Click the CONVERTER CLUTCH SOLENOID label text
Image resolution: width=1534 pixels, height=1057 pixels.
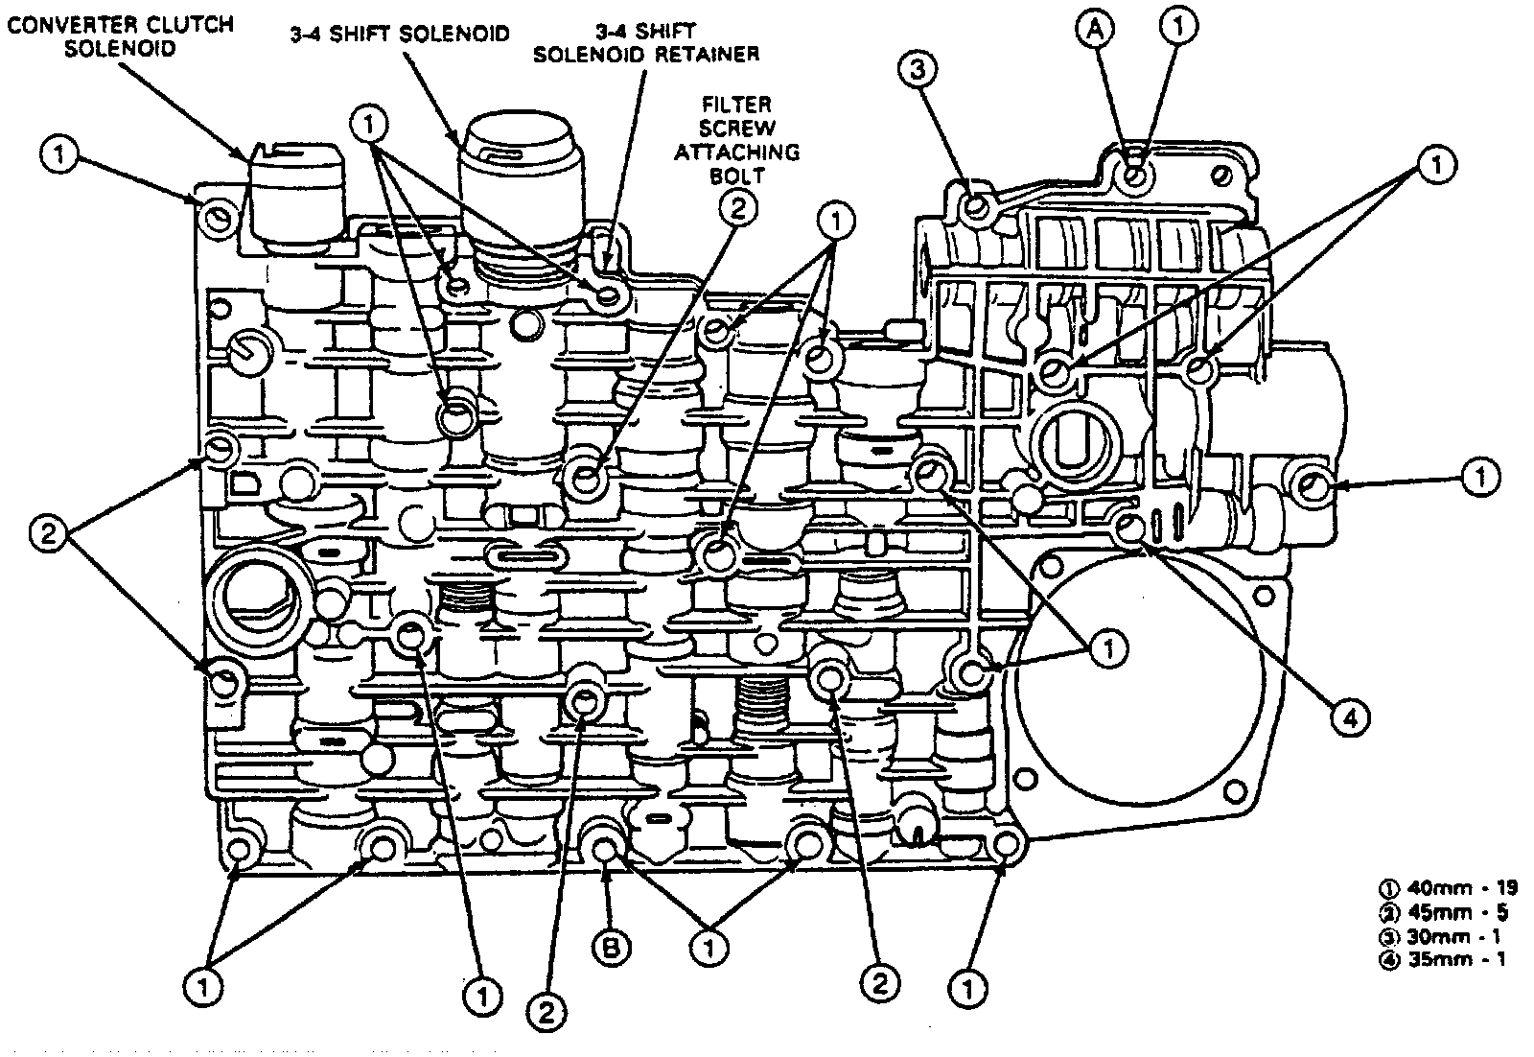click(120, 35)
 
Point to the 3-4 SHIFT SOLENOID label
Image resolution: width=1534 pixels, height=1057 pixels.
click(401, 35)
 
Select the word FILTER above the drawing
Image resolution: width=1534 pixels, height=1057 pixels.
click(736, 104)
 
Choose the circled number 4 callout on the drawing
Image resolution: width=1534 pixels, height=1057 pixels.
click(1349, 716)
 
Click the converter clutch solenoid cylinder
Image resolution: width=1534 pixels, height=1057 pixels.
click(291, 197)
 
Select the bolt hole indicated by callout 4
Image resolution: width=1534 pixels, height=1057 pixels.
click(1131, 527)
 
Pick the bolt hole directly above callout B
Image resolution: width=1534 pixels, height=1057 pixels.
click(604, 848)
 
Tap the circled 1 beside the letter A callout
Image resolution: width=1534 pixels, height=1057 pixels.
click(1179, 28)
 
